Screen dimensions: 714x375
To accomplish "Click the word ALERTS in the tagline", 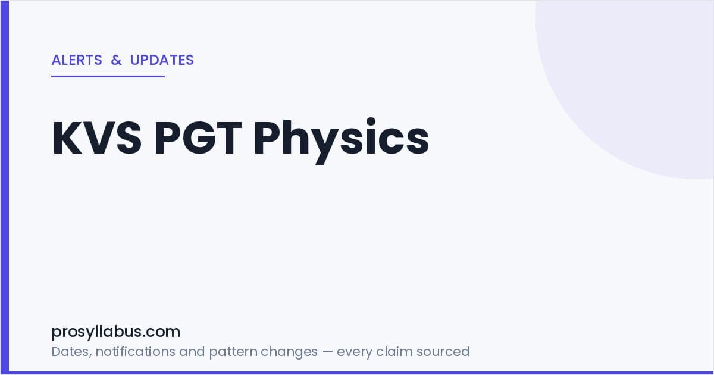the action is point(77,60).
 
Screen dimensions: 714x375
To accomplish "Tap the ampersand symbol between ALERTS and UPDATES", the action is point(117,60).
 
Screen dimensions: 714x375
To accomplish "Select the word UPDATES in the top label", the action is point(162,60).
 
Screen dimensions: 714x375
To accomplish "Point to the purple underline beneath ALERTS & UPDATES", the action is point(108,77).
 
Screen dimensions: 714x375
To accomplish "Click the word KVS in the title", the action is point(97,138).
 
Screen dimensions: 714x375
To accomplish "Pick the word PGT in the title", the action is point(198,138).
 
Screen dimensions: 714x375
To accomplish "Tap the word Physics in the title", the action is point(342,140).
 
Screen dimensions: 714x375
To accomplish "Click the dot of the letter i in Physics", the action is point(371,122).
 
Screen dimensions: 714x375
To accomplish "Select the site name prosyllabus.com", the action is point(115,332).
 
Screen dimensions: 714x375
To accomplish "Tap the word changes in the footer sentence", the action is point(289,352).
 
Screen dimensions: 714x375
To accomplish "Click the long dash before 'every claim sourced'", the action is point(327,352).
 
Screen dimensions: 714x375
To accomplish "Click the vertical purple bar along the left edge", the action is point(5,187).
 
